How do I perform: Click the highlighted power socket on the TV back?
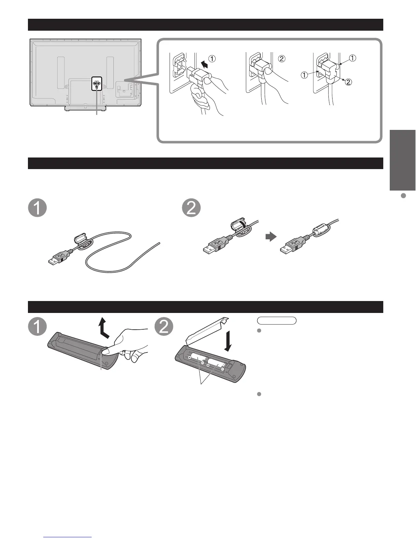(x=96, y=83)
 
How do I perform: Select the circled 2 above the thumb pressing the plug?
(x=282, y=59)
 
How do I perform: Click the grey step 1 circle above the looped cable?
(x=37, y=208)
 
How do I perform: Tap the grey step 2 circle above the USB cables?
(x=191, y=208)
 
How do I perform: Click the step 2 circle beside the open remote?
(x=164, y=327)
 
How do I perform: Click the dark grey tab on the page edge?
(x=403, y=160)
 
